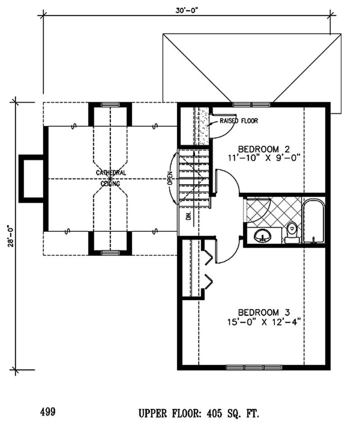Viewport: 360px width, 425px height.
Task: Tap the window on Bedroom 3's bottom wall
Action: coord(250,367)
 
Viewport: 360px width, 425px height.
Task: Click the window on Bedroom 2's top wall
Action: coord(252,104)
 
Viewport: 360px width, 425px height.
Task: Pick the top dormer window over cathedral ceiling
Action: coord(109,105)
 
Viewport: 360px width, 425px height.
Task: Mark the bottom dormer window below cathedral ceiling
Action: coord(109,253)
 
